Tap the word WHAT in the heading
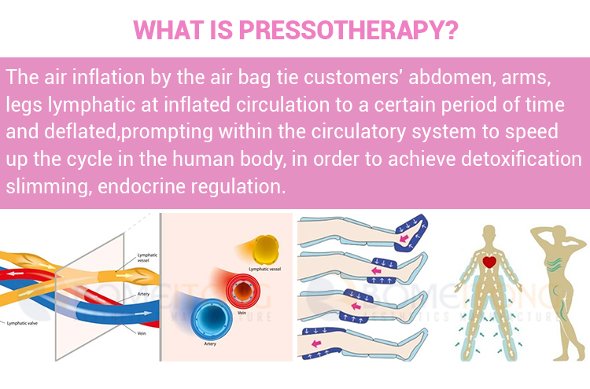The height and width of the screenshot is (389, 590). pos(160,30)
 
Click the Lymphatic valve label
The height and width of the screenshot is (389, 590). pos(24,323)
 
